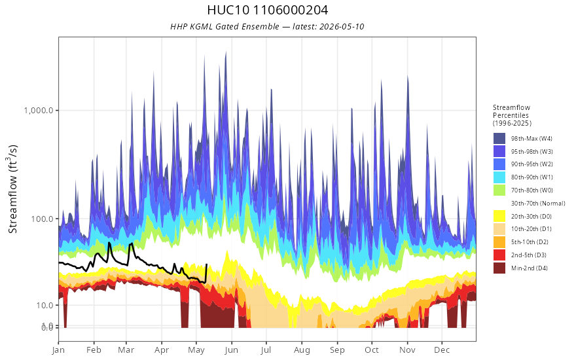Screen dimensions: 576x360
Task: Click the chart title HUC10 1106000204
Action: coord(268,10)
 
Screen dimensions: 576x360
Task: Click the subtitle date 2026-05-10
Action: coord(342,26)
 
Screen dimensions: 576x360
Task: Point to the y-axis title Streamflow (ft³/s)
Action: coord(13,189)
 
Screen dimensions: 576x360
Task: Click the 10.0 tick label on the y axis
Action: coord(46,305)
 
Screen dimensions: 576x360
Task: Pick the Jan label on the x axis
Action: coord(58,350)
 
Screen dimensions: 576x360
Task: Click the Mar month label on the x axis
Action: coord(126,350)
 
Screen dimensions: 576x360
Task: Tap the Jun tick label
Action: coord(232,350)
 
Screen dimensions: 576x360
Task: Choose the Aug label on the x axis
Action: coord(302,350)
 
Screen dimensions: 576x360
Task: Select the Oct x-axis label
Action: coord(372,350)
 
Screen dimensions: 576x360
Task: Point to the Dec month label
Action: coord(442,350)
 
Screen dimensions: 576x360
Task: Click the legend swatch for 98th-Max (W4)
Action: coord(499,139)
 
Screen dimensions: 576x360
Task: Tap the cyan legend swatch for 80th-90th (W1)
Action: coord(499,177)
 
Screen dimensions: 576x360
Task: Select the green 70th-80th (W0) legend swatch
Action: coord(499,190)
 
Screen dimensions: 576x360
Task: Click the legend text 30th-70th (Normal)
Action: coord(538,203)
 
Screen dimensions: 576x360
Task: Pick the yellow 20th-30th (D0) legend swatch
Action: coord(499,217)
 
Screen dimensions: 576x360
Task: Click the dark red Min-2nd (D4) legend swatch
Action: coord(499,268)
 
